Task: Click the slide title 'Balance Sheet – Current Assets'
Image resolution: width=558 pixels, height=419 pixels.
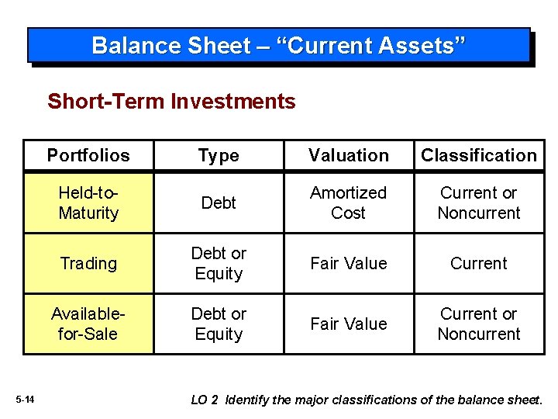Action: tap(279, 46)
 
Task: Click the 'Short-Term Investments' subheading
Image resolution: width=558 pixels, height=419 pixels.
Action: tap(171, 102)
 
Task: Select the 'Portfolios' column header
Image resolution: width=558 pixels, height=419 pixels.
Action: tap(88, 155)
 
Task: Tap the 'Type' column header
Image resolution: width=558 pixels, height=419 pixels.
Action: tap(219, 156)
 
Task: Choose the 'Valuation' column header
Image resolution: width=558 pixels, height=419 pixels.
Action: tap(349, 155)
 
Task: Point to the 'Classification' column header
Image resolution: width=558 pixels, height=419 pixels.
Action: tap(478, 155)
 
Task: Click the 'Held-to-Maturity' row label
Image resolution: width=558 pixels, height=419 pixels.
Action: tap(88, 203)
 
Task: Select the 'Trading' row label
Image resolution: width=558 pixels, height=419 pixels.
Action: tap(88, 264)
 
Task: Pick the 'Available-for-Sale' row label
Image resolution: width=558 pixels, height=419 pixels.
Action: tap(88, 324)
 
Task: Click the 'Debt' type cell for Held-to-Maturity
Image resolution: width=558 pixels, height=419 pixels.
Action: tap(219, 203)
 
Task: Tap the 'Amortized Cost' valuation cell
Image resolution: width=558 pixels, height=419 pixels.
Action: tap(349, 203)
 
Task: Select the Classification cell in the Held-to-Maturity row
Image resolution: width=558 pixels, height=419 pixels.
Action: tap(478, 203)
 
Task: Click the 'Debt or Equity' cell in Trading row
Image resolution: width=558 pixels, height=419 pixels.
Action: tap(219, 264)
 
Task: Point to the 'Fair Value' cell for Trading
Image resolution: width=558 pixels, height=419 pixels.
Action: tap(349, 264)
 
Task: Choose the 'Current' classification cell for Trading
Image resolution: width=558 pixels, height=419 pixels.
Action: tap(478, 264)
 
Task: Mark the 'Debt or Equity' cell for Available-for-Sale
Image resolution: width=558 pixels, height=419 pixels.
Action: tap(219, 324)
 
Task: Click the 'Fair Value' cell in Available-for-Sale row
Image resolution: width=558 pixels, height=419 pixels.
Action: tap(349, 324)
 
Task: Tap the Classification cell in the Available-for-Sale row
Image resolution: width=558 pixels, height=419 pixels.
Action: tap(478, 324)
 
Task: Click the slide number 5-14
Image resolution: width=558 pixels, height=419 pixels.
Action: tap(25, 400)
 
